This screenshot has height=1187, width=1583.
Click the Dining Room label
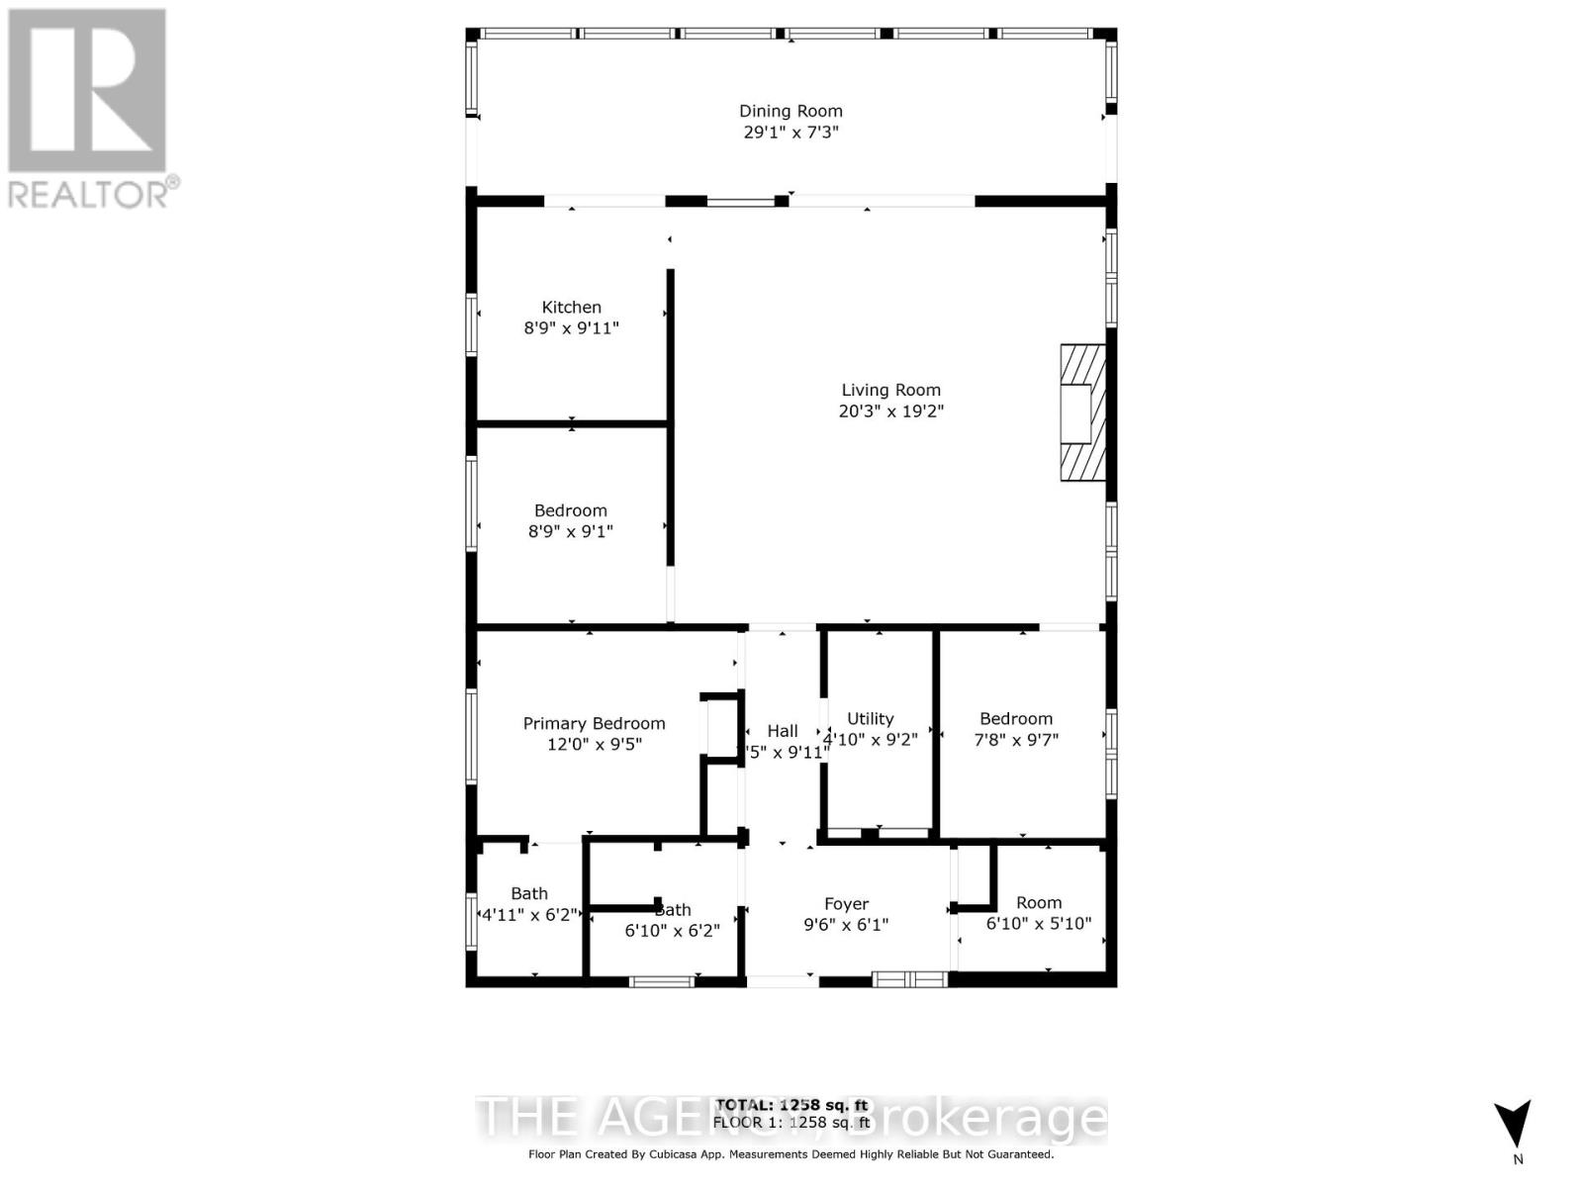pos(791,111)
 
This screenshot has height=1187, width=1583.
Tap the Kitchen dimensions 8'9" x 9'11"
pos(571,328)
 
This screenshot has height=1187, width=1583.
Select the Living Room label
pos(890,390)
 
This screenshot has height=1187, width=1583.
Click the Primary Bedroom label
pos(594,723)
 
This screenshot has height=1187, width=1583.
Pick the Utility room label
pos(870,718)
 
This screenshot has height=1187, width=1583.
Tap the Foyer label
pos(846,903)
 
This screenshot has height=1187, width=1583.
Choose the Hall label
pos(782,730)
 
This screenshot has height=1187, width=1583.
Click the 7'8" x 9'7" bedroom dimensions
pos(1016,739)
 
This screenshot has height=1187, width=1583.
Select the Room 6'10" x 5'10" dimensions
pos(1038,923)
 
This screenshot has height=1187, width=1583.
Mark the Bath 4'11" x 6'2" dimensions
pos(529,915)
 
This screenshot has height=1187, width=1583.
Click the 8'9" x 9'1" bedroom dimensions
pos(570,531)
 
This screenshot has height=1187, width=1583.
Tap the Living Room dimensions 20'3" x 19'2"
pos(890,411)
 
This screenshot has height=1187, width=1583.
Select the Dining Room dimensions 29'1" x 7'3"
pos(791,132)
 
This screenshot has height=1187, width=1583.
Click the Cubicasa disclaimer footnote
pos(791,1154)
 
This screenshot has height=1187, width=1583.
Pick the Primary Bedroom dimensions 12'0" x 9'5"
pos(594,744)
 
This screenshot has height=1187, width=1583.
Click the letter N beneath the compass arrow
pos(1518,1159)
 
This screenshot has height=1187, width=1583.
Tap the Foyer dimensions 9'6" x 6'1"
pos(846,925)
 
